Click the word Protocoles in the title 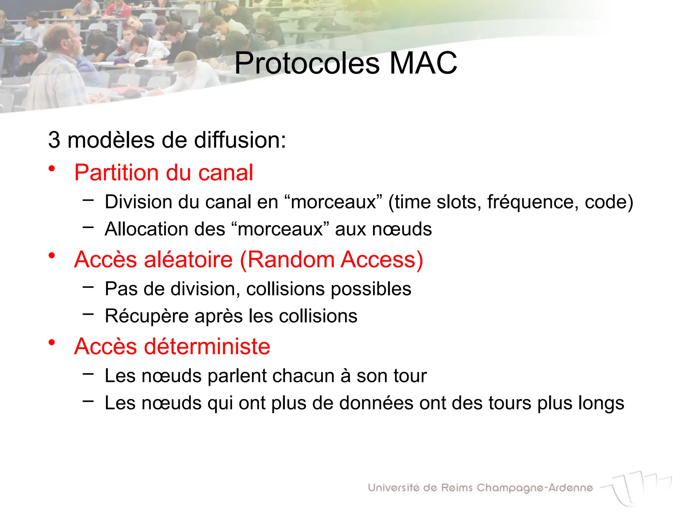point(307,64)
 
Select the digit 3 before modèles point(54,140)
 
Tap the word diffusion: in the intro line point(240,140)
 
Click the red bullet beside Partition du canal point(52,168)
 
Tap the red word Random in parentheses point(291,260)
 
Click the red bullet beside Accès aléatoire point(52,255)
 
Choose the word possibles point(371,289)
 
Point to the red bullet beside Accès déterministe point(52,342)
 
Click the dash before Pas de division point(88,287)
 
